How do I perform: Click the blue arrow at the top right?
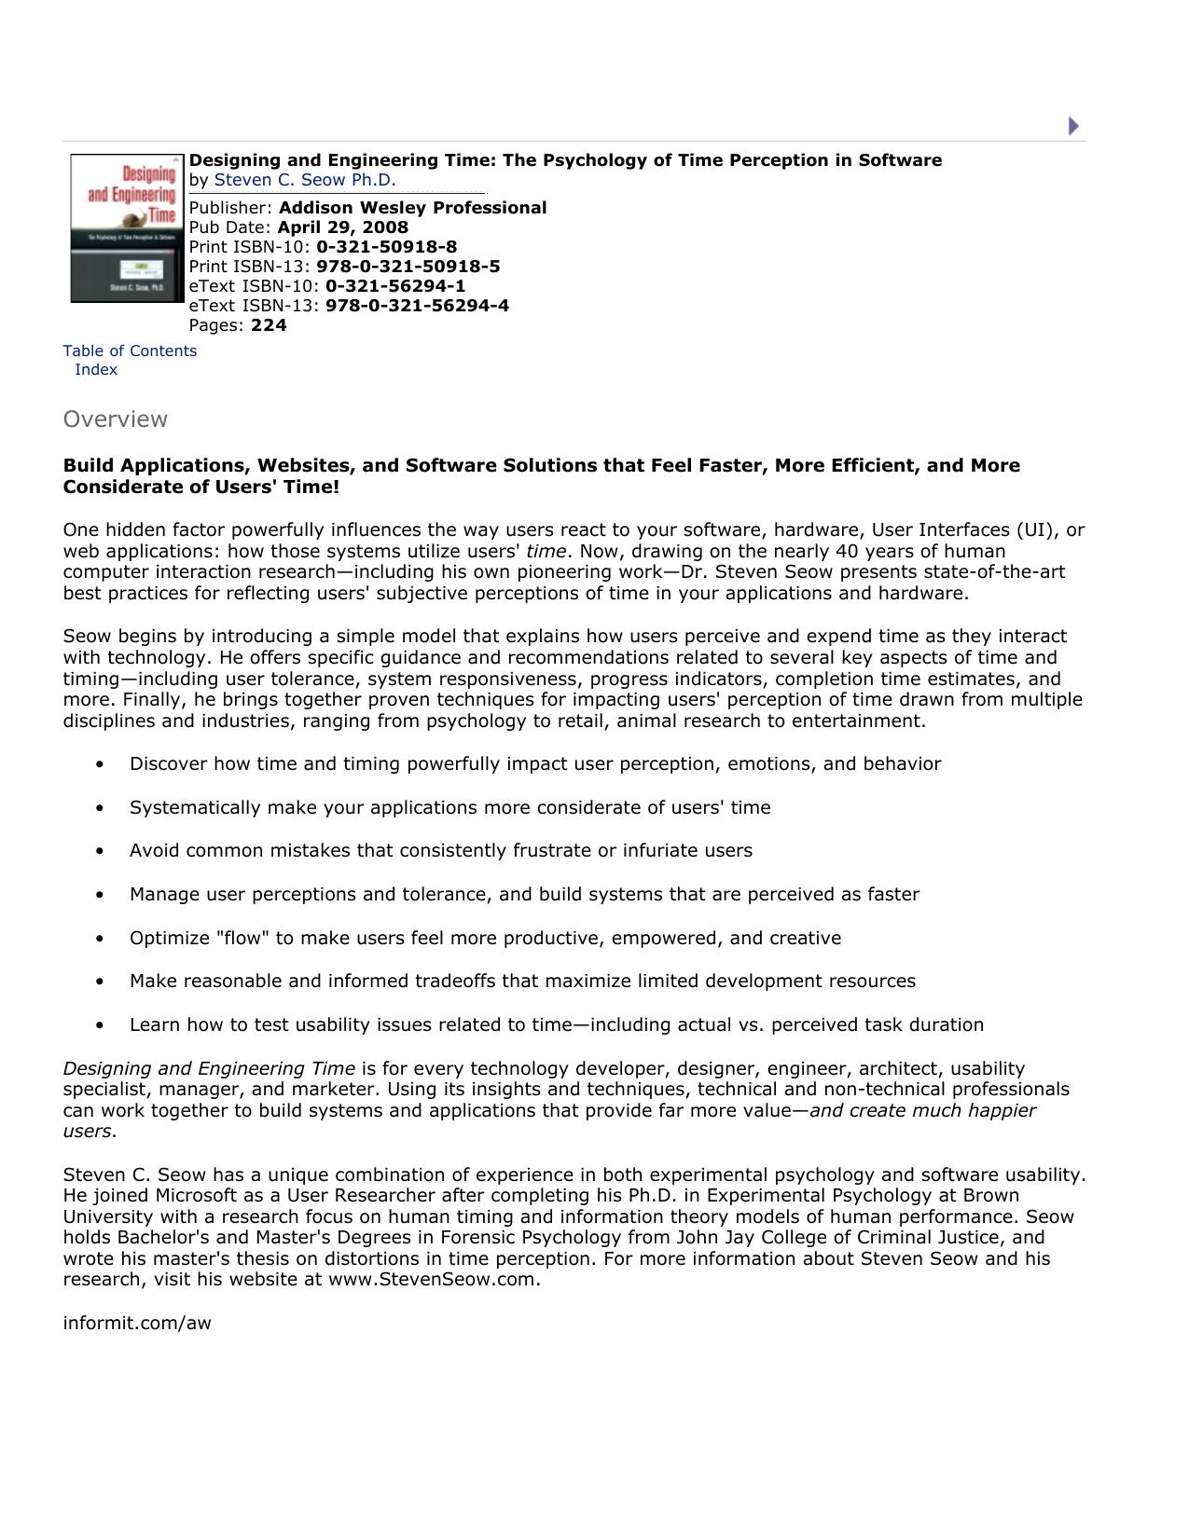(1073, 126)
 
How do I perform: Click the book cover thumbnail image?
(126, 228)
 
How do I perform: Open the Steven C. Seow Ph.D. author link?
(305, 180)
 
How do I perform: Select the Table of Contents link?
(130, 350)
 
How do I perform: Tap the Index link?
(96, 369)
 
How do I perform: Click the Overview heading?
(115, 419)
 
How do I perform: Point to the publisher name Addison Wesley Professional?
(412, 208)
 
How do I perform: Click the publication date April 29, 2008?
(342, 227)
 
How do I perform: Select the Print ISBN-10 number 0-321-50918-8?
(386, 247)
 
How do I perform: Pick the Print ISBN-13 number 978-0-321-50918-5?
(408, 267)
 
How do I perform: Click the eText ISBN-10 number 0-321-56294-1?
(394, 286)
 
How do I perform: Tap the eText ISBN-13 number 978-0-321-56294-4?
(417, 306)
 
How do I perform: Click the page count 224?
(269, 325)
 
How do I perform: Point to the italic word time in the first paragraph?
(546, 551)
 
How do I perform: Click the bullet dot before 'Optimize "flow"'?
(100, 939)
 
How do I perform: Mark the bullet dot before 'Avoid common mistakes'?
(100, 851)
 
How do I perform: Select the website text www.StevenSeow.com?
(433, 1279)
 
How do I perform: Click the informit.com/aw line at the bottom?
(137, 1323)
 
